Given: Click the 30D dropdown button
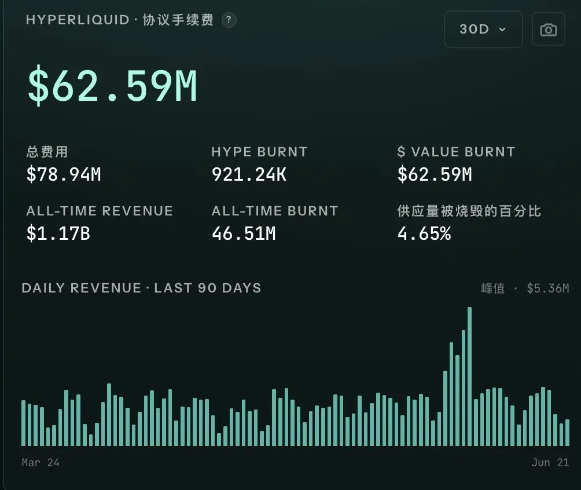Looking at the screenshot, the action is click(483, 29).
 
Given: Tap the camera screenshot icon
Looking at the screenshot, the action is click(549, 30).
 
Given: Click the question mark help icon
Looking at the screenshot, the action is click(229, 20).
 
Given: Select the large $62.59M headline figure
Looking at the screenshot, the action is click(112, 86).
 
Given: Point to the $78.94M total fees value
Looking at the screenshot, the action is click(64, 174).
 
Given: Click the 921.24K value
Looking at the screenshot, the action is click(249, 174).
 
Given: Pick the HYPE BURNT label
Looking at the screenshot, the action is click(259, 152).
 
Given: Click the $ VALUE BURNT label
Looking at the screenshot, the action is click(456, 152).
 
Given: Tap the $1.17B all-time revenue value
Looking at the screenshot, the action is click(58, 233).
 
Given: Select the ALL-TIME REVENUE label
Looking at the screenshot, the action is click(100, 211).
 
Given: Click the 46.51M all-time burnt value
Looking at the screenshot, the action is click(244, 233).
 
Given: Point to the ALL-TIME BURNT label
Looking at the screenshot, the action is click(275, 211).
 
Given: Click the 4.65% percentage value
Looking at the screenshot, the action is click(424, 233).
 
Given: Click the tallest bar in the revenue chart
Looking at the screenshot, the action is click(469, 376).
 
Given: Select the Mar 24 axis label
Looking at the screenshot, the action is click(41, 463).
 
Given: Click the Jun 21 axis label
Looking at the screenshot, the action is click(550, 463).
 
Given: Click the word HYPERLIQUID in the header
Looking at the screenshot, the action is click(78, 20).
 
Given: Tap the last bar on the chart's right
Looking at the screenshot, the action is click(567, 433).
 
